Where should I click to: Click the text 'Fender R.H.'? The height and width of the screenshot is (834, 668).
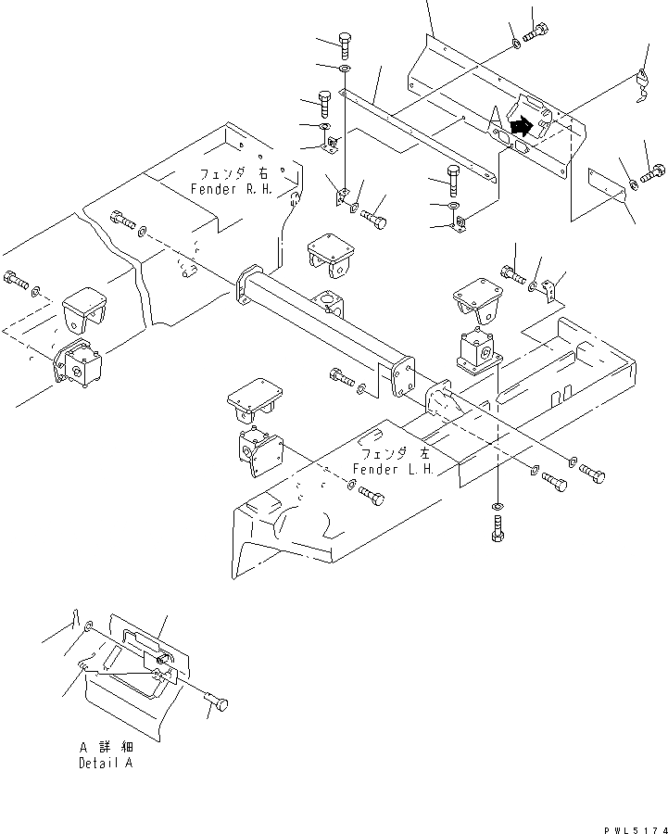point(233,188)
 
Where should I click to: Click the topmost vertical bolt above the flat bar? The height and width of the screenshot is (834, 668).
point(345,44)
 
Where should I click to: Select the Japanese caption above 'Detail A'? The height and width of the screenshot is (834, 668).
point(105,747)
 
